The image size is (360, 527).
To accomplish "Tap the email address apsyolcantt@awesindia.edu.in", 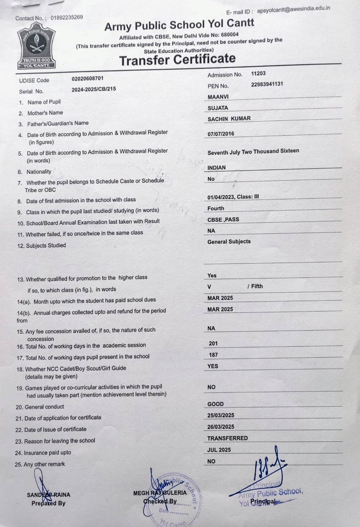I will (x=293, y=9).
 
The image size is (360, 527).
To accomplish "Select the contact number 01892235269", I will (x=67, y=17).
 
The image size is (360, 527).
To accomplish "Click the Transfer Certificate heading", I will (x=177, y=60).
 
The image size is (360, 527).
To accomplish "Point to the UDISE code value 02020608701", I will (x=87, y=78).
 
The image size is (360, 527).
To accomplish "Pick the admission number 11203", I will (x=258, y=73).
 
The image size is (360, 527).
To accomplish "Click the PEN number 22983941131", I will (x=267, y=84).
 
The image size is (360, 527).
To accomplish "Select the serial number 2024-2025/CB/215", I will (x=94, y=89).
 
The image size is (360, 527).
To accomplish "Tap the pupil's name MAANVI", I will (x=218, y=97).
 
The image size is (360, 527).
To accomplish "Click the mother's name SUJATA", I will (x=218, y=108).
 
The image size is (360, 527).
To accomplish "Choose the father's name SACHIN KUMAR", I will (x=229, y=118).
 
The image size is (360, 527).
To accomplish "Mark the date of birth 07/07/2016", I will (x=221, y=134).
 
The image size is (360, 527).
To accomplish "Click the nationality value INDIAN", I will (x=217, y=167).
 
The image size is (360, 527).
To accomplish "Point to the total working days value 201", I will (x=213, y=343).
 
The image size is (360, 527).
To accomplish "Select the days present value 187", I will (x=213, y=355).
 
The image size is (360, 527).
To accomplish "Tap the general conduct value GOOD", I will (x=215, y=404).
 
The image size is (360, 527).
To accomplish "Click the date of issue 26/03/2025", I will (x=221, y=427).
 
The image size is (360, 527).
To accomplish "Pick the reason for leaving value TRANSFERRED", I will (x=227, y=438).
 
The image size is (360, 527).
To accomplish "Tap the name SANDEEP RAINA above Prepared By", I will (x=49, y=494).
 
